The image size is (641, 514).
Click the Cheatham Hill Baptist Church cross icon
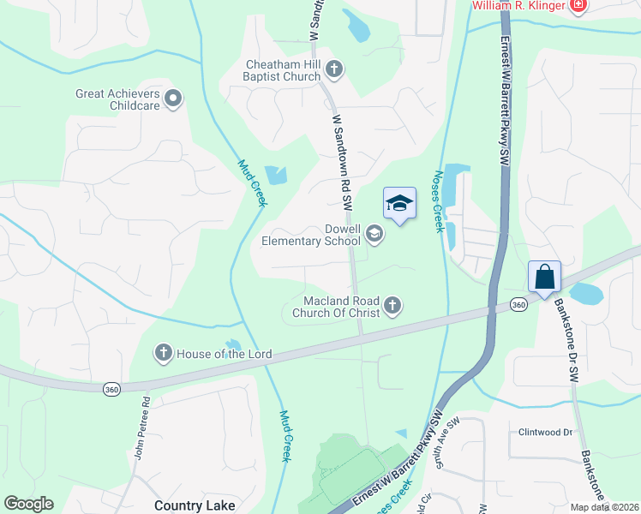click(x=334, y=69)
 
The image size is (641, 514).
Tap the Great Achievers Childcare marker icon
click(x=174, y=99)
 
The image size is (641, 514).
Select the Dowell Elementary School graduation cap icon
click(x=374, y=233)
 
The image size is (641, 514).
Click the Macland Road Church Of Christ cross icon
click(x=392, y=306)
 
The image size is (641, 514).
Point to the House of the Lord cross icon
click(x=163, y=353)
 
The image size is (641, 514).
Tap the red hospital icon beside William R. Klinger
click(x=579, y=6)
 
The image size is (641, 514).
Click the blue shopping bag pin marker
click(x=544, y=278)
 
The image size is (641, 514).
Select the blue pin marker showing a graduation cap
click(x=398, y=204)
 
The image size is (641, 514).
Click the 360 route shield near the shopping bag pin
click(x=518, y=304)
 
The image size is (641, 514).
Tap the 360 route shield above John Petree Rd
click(x=111, y=388)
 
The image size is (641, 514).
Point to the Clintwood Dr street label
click(x=544, y=433)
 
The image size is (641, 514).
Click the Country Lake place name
click(x=195, y=505)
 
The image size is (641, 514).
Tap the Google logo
click(x=28, y=504)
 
